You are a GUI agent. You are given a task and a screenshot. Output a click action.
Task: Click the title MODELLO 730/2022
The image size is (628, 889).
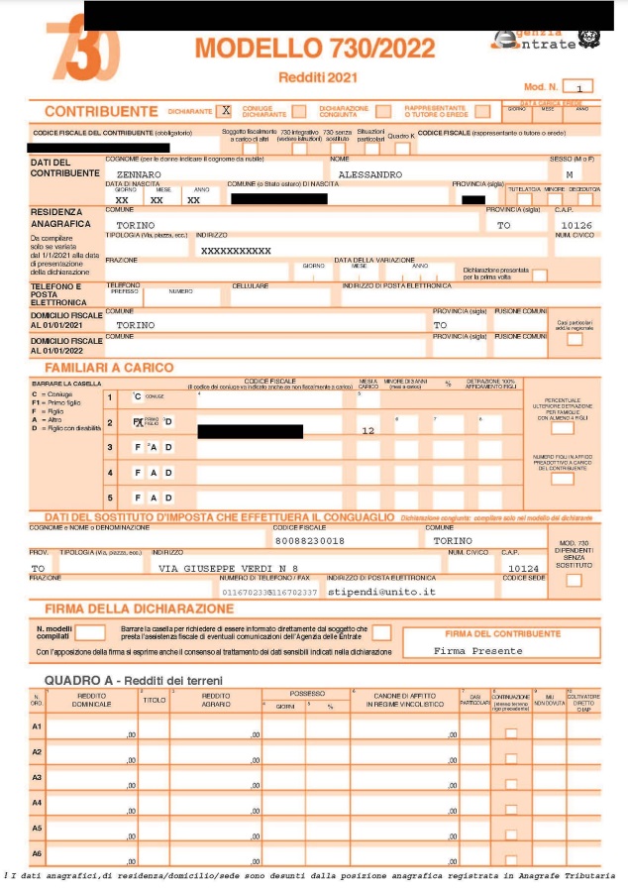tap(315, 48)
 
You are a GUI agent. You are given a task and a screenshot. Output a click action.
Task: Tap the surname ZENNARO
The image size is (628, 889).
tap(139, 173)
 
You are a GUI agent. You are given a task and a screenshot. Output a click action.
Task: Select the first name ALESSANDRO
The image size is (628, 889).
tap(370, 173)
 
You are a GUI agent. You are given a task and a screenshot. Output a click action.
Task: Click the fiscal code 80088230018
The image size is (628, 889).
tap(309, 540)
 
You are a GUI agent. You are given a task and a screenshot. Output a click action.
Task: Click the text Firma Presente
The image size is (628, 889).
tap(477, 650)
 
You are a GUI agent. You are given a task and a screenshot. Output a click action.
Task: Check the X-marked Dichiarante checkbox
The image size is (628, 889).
tap(226, 110)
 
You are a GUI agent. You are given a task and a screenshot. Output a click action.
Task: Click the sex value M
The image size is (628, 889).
tap(569, 173)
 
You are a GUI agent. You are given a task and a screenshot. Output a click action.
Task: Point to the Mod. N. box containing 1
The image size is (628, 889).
tap(577, 87)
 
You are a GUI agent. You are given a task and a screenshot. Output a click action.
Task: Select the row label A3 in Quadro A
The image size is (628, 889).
tap(37, 778)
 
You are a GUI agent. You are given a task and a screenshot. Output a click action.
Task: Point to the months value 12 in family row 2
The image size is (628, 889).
tap(368, 431)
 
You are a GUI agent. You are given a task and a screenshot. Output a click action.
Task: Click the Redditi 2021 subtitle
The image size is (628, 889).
tap(316, 77)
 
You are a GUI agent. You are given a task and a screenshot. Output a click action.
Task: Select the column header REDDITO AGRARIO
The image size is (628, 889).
tap(216, 700)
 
